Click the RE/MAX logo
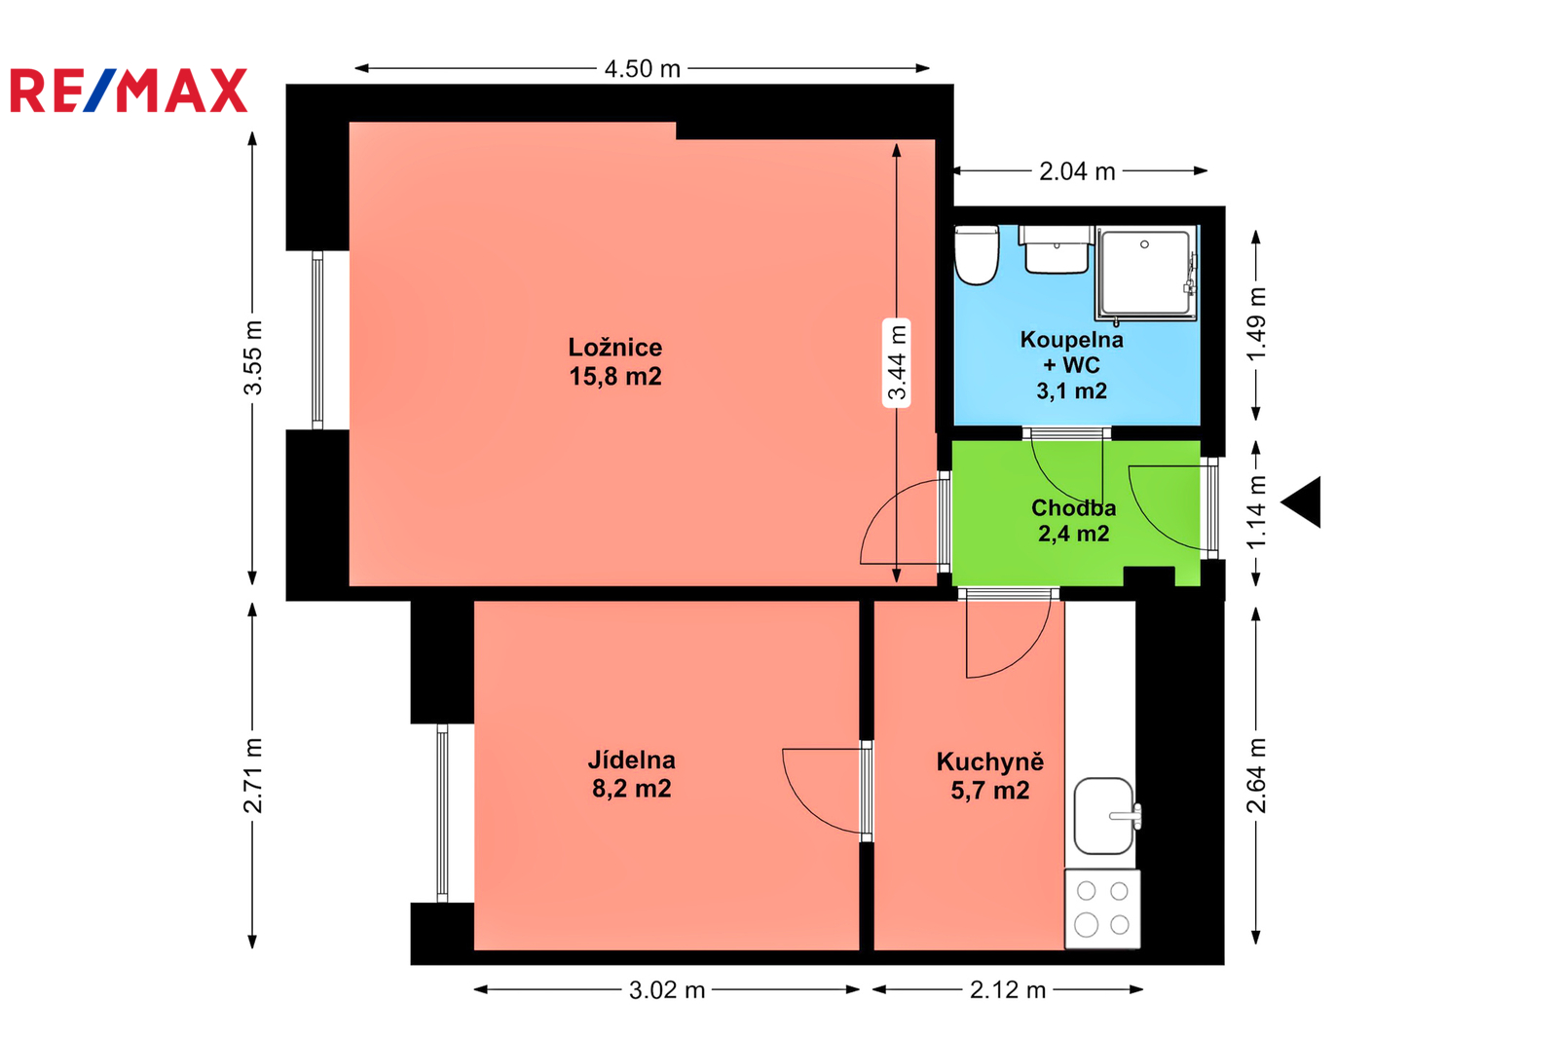tap(129, 91)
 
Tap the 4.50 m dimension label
tap(642, 69)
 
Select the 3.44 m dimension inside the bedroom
tap(897, 362)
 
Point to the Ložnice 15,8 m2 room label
tap(614, 362)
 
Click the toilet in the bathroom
tap(977, 255)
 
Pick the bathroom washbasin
tap(1057, 249)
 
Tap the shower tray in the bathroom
tap(1147, 274)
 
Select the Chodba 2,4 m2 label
tap(1073, 520)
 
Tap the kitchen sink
tap(1106, 816)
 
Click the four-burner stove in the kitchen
tap(1102, 908)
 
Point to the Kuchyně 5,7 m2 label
tap(989, 776)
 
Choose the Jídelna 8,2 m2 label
tap(632, 773)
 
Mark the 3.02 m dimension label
tap(667, 990)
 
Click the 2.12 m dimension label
tap(1008, 990)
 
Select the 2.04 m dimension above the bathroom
tap(1077, 171)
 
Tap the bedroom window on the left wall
tap(317, 340)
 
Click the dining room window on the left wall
tap(442, 813)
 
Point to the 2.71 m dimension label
tap(253, 776)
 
